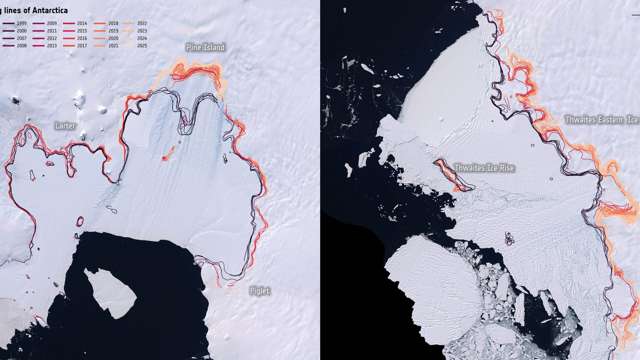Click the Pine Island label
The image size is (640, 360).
(205, 48)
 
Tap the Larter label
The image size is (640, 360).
(65, 126)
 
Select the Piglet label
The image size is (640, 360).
(260, 291)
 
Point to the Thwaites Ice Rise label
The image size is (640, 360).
(484, 168)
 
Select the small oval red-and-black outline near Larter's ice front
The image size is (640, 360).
(80, 221)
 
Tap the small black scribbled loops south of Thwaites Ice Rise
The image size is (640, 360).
(509, 239)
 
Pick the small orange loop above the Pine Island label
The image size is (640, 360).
(191, 31)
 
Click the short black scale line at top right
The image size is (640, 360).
(635, 15)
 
